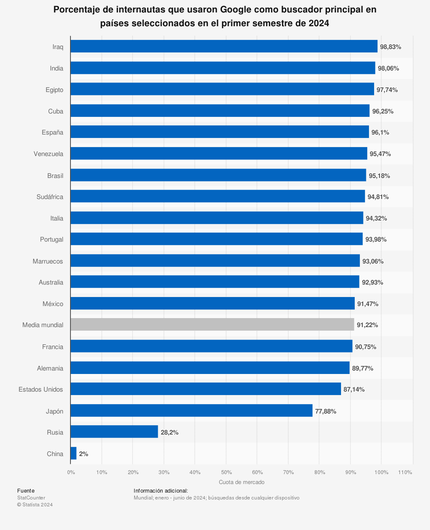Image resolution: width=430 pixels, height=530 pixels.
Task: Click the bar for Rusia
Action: click(x=114, y=432)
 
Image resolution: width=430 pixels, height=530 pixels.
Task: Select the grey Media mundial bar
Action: click(x=212, y=325)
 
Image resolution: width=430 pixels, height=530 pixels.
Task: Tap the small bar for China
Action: click(x=74, y=453)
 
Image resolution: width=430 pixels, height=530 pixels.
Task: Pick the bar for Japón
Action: click(x=191, y=411)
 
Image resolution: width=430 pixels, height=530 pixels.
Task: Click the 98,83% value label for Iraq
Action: click(x=390, y=47)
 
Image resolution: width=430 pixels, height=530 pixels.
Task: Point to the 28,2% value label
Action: click(x=169, y=432)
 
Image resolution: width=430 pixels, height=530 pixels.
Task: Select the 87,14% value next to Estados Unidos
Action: click(x=354, y=389)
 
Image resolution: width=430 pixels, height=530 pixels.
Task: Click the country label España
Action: click(x=52, y=132)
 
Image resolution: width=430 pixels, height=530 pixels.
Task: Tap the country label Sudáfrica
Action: click(x=50, y=197)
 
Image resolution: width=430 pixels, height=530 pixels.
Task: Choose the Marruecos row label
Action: click(x=48, y=261)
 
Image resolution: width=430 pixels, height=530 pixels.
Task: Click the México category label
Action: click(x=53, y=304)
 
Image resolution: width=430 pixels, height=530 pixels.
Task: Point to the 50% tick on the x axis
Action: click(x=226, y=472)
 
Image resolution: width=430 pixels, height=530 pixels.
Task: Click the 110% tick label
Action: click(x=405, y=472)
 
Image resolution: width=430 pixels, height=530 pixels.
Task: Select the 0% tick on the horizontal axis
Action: click(x=71, y=472)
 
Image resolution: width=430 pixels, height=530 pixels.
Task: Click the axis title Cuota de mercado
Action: click(x=242, y=482)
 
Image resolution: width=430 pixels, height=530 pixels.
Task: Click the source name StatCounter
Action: click(x=31, y=498)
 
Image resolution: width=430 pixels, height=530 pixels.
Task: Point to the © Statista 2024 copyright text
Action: click(x=35, y=505)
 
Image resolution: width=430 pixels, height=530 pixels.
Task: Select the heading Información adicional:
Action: click(x=161, y=490)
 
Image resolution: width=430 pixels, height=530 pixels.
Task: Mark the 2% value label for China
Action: click(x=83, y=454)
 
